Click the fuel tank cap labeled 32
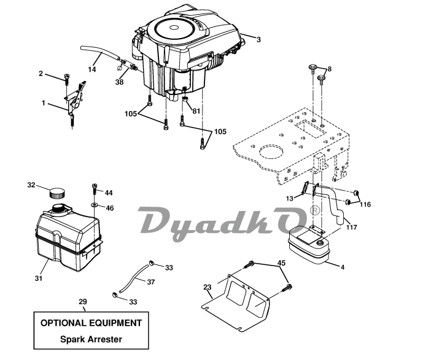pyautogui.click(x=58, y=193)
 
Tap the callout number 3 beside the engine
pyautogui.click(x=258, y=40)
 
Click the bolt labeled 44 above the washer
pyautogui.click(x=95, y=189)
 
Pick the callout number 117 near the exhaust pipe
pyautogui.click(x=352, y=228)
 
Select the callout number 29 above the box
pyautogui.click(x=83, y=302)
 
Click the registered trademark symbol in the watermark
pyautogui.click(x=315, y=210)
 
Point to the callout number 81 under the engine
pyautogui.click(x=196, y=111)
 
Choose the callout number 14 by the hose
pyautogui.click(x=92, y=69)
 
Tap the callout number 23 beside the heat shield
pyautogui.click(x=207, y=288)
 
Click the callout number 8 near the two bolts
pyautogui.click(x=329, y=69)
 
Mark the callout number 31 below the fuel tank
pyautogui.click(x=39, y=278)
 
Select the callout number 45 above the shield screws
pyautogui.click(x=281, y=262)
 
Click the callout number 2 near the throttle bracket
pyautogui.click(x=41, y=74)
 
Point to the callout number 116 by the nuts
pyautogui.click(x=365, y=204)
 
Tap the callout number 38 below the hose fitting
pyautogui.click(x=119, y=82)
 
